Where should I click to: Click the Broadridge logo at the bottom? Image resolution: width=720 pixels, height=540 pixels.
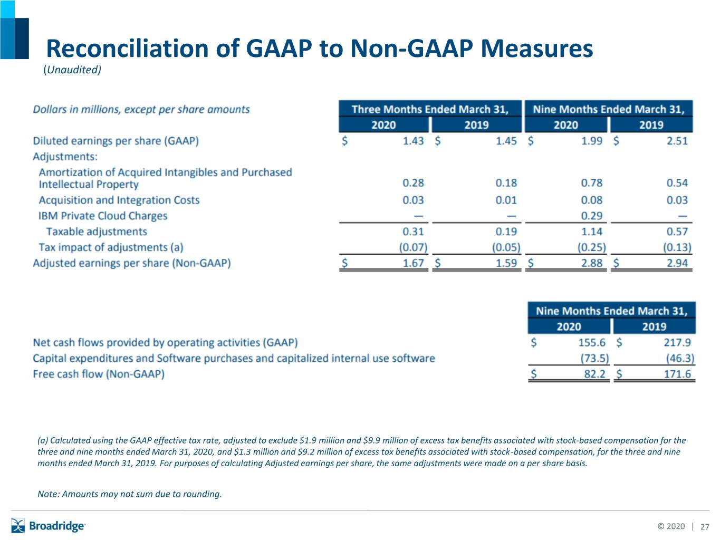point(48,526)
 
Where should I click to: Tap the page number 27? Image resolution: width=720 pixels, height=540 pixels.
point(705,527)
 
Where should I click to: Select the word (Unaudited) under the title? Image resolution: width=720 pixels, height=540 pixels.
point(72,70)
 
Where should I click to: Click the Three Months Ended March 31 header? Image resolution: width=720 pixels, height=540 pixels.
point(430,109)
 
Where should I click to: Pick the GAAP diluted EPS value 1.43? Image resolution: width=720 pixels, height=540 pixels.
point(413,141)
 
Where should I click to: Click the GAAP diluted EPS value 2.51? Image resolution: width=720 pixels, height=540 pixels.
point(677,141)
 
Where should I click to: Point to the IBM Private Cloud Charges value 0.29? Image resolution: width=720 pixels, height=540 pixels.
point(592,215)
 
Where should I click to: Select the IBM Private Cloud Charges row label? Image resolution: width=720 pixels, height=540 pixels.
point(103,215)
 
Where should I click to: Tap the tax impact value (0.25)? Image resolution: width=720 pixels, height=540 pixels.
point(592,247)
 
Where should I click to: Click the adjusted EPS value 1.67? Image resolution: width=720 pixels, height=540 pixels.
point(413,263)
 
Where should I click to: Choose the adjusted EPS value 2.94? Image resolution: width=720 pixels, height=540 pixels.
point(677,263)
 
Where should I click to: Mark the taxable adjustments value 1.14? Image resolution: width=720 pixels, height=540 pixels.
point(592,232)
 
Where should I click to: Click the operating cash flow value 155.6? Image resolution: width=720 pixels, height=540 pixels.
point(592,342)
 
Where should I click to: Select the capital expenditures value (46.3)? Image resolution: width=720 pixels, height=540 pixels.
point(680,358)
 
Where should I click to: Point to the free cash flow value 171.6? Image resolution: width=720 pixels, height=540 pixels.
point(677,374)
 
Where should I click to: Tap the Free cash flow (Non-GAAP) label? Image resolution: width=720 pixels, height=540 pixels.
point(99,374)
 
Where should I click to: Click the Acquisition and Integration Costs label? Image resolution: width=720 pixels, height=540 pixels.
point(119,200)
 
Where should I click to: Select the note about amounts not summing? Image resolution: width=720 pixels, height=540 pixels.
point(130,494)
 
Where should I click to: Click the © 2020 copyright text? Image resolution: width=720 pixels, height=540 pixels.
point(671,526)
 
